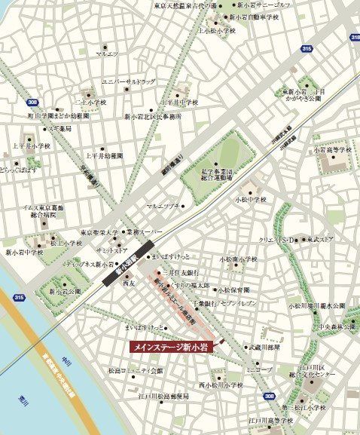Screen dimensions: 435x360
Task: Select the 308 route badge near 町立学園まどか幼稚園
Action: click(x=31, y=102)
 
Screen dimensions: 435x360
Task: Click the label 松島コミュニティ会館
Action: click(x=135, y=371)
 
